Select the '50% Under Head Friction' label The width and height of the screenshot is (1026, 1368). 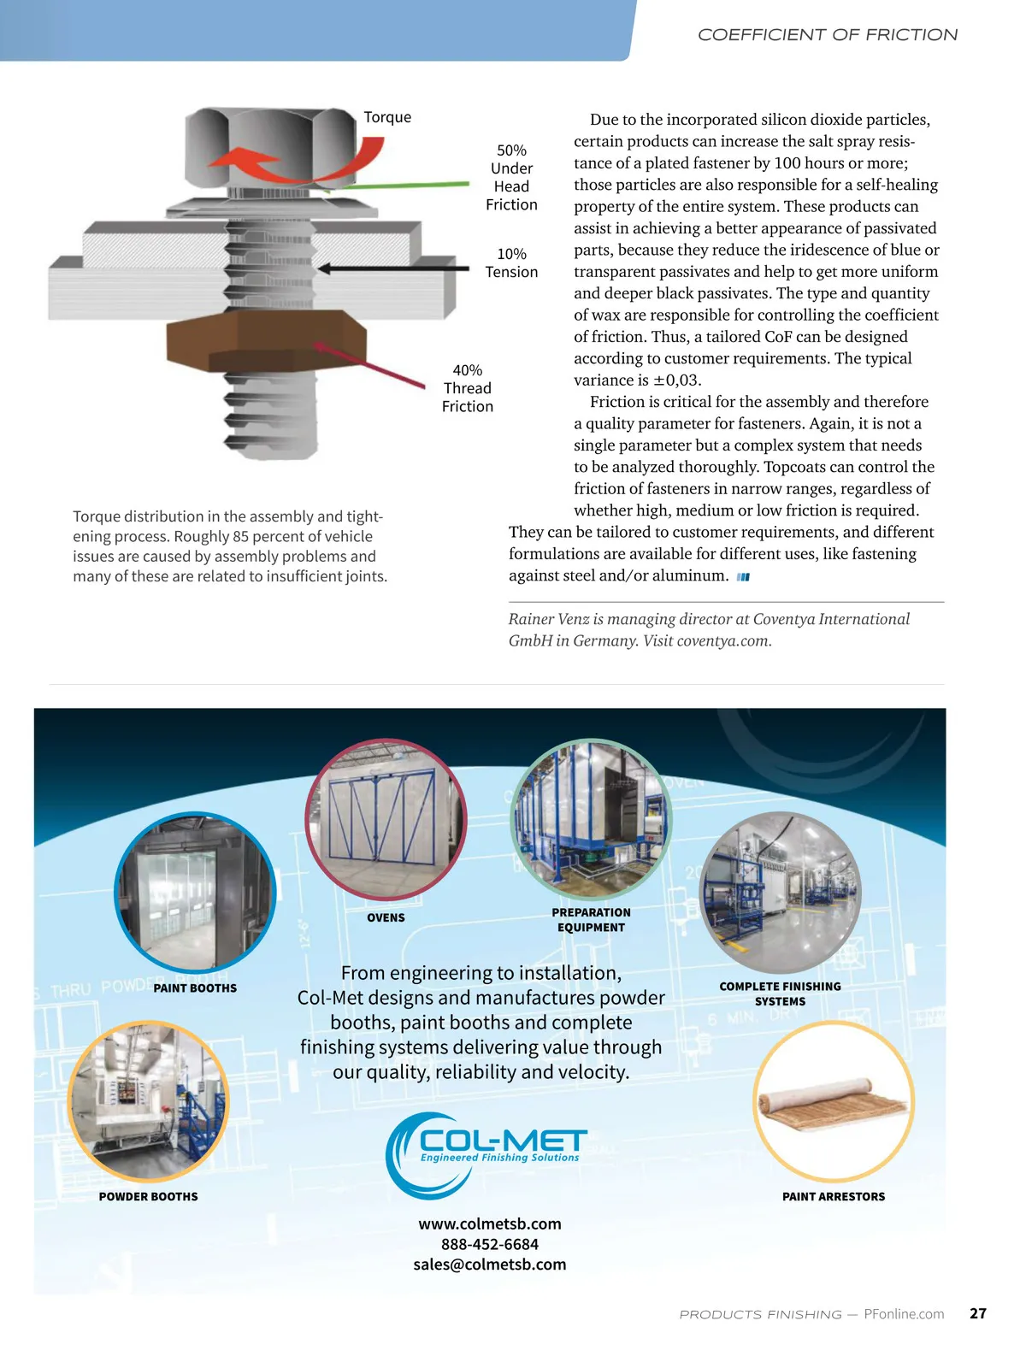511,178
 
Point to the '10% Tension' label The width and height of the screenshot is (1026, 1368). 511,263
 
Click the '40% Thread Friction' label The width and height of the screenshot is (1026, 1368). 468,388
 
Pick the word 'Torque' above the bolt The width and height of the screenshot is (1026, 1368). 387,117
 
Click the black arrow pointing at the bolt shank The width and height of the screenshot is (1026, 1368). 393,268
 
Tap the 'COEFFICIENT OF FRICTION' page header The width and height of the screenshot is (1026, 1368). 827,35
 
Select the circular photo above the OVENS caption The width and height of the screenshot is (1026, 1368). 386,819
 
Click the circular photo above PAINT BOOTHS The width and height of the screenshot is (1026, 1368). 195,892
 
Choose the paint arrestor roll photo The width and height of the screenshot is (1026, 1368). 833,1100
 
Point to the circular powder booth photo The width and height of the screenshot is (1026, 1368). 148,1100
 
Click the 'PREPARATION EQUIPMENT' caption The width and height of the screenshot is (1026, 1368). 591,920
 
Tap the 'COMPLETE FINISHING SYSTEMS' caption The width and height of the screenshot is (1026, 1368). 780,994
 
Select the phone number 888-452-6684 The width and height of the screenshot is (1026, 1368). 490,1244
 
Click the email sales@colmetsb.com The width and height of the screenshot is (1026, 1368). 490,1265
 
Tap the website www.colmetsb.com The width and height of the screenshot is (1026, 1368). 490,1224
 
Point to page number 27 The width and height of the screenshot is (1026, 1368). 978,1313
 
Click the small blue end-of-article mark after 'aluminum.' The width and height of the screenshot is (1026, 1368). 743,577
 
